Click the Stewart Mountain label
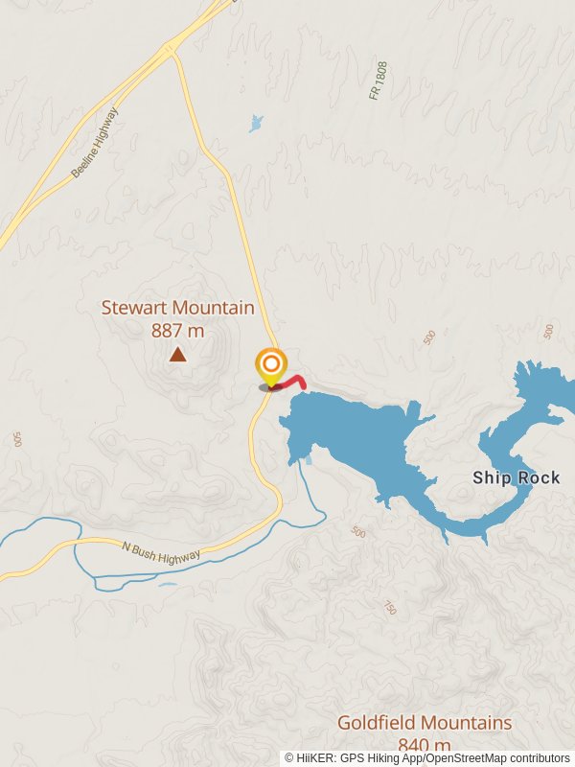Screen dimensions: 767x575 178,309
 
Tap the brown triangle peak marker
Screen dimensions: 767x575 177,355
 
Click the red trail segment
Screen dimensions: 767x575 294,382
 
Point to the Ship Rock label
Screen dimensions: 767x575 516,477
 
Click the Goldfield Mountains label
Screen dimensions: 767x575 425,723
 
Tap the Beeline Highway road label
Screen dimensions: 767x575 95,143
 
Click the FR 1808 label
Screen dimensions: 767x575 379,81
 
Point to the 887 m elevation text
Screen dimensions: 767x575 178,331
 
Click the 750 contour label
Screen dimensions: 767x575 390,607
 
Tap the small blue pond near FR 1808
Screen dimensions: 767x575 256,123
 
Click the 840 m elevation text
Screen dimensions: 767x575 425,745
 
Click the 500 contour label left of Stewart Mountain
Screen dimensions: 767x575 17,439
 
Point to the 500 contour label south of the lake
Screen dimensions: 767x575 358,532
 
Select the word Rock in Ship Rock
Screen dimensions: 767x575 539,477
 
